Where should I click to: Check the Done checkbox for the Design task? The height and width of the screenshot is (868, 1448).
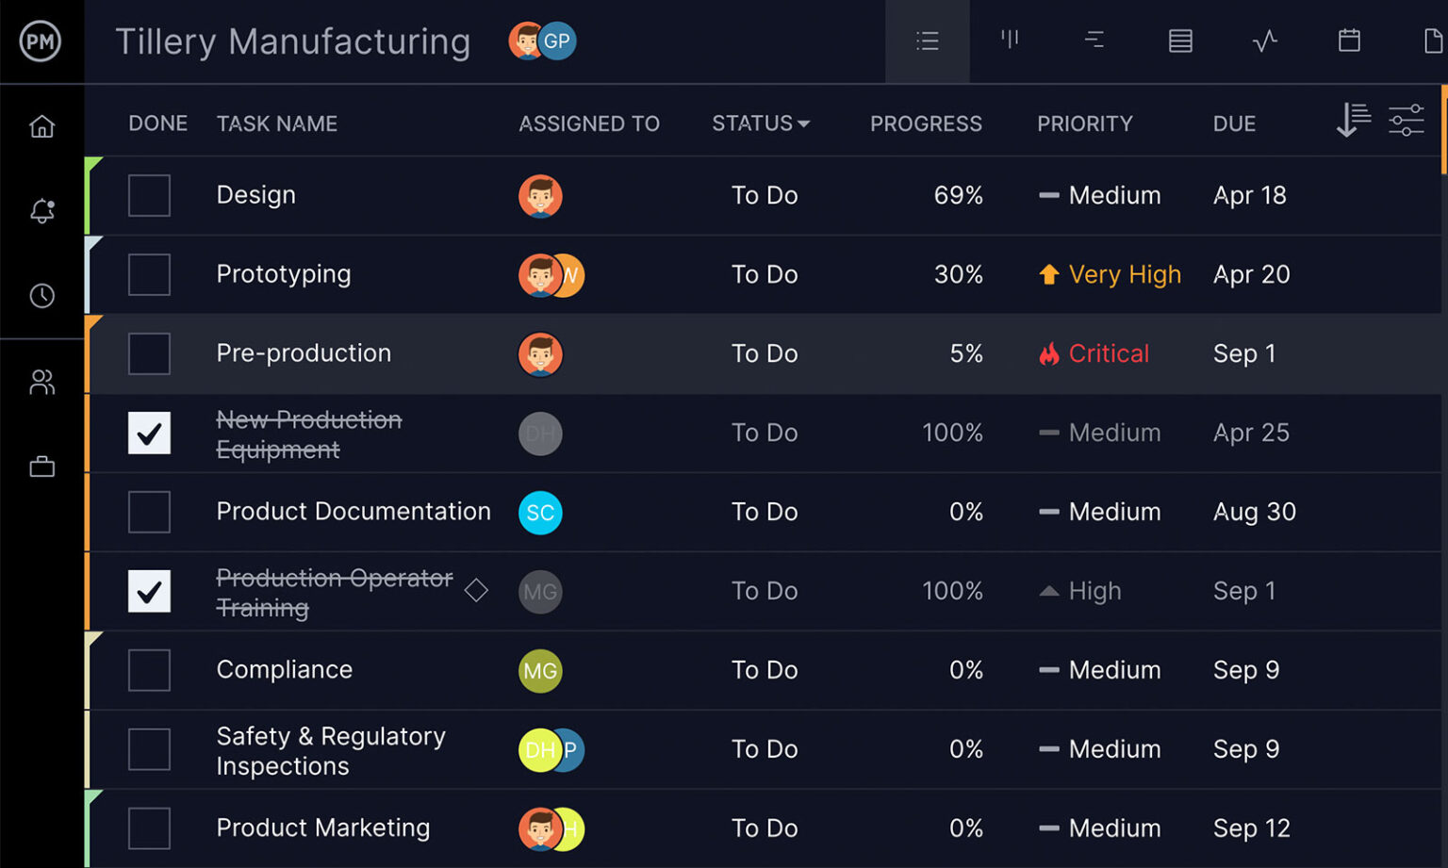149,195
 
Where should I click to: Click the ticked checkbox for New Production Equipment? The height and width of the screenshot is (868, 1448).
149,433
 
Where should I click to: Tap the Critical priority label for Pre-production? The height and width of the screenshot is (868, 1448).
1108,353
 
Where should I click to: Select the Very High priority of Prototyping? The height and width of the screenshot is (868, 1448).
1124,274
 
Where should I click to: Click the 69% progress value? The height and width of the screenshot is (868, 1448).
958,195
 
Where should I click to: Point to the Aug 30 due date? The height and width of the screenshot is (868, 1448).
1254,512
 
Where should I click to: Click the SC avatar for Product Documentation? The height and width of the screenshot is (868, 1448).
540,513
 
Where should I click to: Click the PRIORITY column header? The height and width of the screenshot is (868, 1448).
1084,123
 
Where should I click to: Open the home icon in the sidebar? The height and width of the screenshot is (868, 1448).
41,126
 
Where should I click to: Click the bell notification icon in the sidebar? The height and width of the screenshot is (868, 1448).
41,210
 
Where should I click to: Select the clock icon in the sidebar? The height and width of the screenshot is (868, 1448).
41,296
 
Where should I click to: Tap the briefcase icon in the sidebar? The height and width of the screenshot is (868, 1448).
41,467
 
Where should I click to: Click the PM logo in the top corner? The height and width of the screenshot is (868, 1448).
41,41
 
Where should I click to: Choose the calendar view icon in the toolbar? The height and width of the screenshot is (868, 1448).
1349,41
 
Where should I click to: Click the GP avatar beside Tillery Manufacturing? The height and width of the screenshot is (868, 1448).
558,41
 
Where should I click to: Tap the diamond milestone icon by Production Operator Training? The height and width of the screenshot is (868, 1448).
476,591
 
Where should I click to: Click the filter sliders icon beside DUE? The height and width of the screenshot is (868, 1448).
1406,121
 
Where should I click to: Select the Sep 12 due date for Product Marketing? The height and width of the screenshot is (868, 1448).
1251,828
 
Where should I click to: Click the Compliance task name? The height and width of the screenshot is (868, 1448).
284,670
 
